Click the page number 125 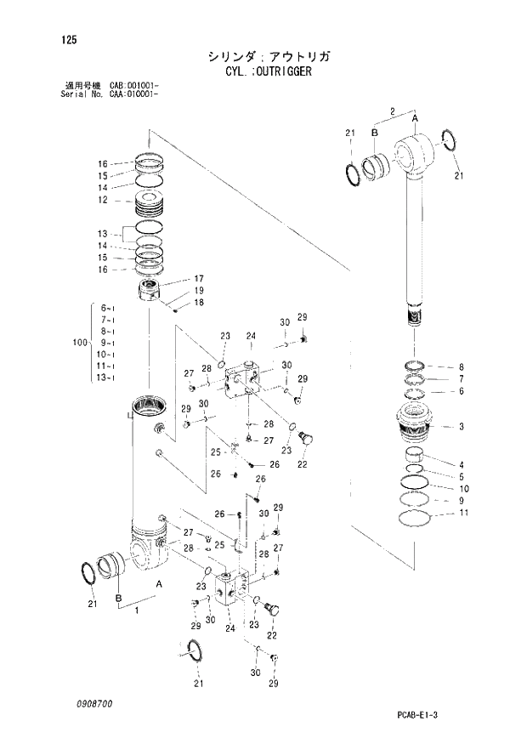point(57,38)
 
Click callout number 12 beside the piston point(102,201)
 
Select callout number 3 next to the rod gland point(461,426)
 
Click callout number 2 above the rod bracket point(393,111)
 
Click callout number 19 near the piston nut point(198,290)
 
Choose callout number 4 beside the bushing point(461,464)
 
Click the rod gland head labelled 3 point(416,423)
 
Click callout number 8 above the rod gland point(461,366)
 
